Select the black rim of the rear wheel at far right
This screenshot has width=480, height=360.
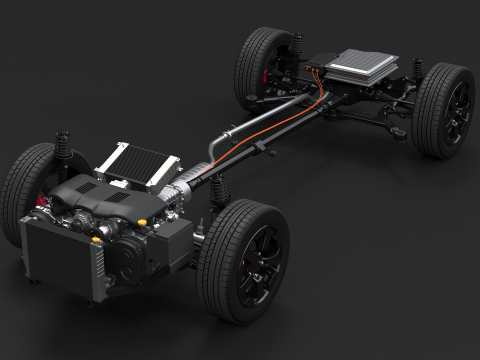(456, 112)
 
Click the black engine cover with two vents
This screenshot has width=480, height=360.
(100, 201)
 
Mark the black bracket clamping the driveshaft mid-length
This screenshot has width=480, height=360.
(259, 147)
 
